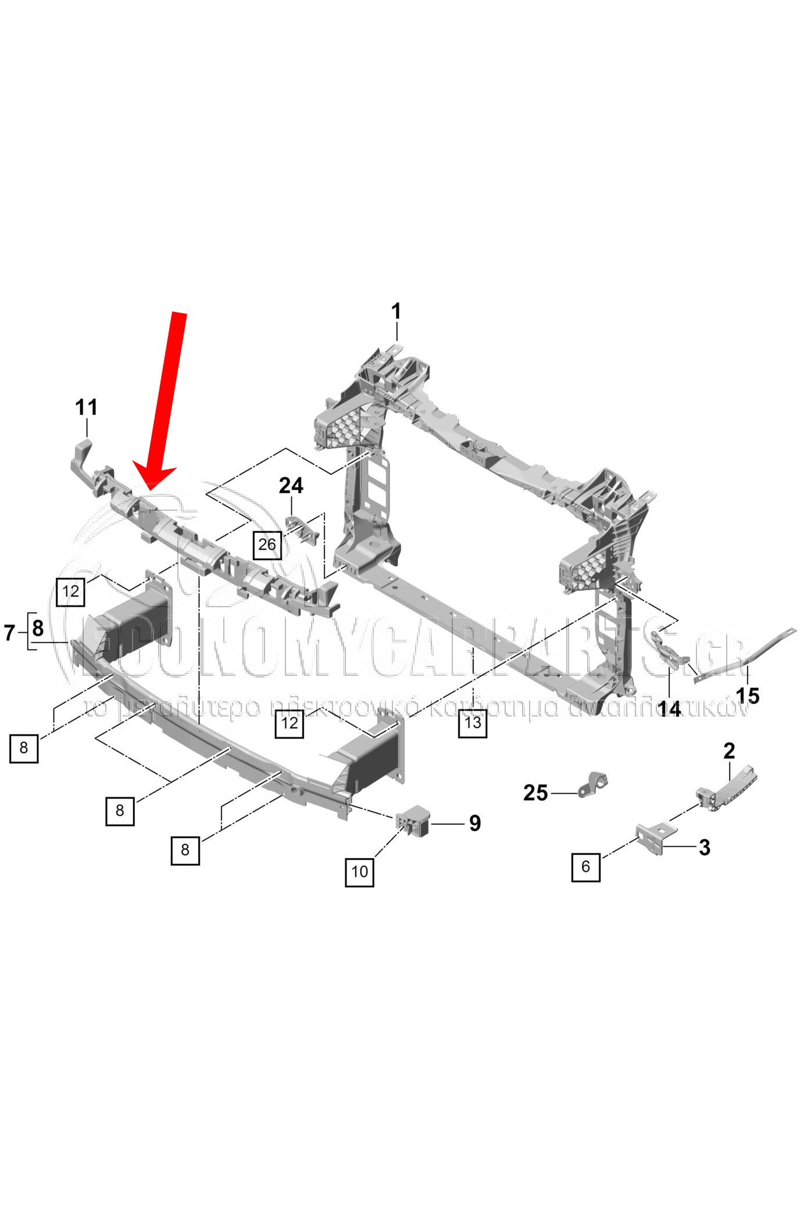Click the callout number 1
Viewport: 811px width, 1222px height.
click(396, 312)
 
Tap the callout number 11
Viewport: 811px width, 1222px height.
click(86, 407)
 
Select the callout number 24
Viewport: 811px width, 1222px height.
click(291, 485)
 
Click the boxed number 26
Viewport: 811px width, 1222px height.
click(267, 544)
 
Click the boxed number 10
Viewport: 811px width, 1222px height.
click(359, 871)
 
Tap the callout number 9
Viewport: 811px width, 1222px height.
click(475, 823)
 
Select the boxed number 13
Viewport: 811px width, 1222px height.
click(473, 722)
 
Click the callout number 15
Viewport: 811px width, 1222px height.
click(748, 695)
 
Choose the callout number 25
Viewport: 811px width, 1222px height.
click(535, 793)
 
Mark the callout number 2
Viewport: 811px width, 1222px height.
click(729, 751)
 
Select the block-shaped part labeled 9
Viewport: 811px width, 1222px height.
click(414, 820)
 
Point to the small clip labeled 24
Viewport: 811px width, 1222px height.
click(304, 528)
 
